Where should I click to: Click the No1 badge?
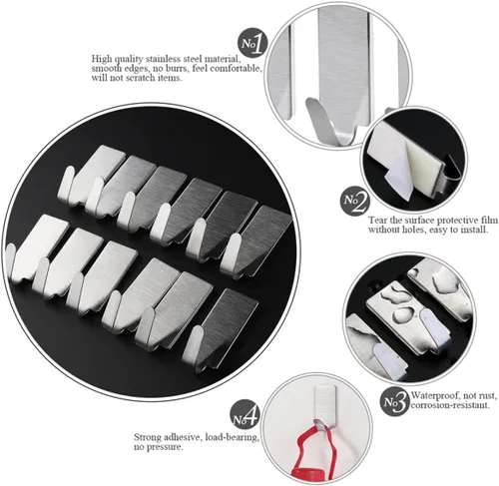tap(252, 43)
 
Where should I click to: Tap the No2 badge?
tap(355, 201)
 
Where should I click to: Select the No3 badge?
tap(394, 402)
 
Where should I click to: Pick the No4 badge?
tap(246, 414)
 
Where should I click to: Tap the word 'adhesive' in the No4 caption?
tap(185, 437)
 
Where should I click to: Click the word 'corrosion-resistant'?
tap(450, 405)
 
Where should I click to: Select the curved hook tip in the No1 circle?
tap(315, 113)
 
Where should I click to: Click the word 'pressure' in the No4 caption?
tap(167, 447)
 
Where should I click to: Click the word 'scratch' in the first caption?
tap(141, 78)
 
